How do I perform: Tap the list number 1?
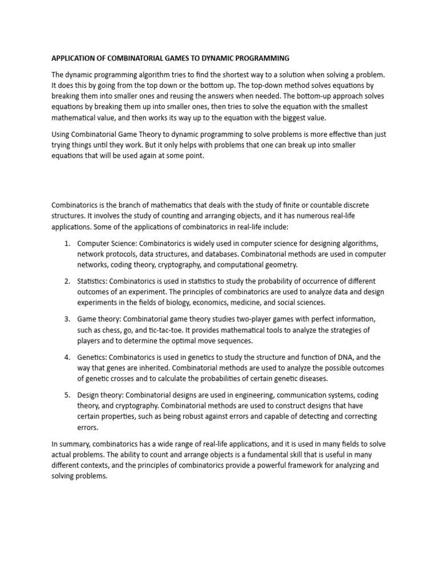coord(67,244)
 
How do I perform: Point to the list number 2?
coord(67,281)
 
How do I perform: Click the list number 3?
coord(67,319)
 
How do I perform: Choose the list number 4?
coord(67,357)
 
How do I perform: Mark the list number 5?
coord(67,395)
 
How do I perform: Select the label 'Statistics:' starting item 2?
coord(92,281)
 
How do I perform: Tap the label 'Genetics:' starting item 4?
coord(91,357)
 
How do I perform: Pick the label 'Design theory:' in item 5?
coord(100,395)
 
